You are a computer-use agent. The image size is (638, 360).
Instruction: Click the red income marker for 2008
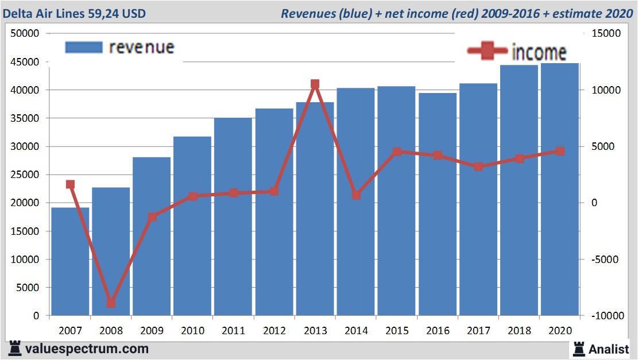point(111,303)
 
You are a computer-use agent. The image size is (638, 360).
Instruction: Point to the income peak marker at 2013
point(315,84)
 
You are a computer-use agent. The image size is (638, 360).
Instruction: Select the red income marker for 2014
point(356,195)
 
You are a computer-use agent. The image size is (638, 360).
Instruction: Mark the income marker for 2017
point(478,167)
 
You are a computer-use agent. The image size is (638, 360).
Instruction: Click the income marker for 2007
point(70,184)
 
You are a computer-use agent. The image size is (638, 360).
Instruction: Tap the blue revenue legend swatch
point(84,47)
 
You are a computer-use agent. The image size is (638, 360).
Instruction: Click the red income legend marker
point(487,52)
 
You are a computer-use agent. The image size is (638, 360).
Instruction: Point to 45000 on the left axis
point(25,62)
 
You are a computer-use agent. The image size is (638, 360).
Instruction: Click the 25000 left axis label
point(25,175)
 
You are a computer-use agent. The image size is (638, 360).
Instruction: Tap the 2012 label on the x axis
point(274,331)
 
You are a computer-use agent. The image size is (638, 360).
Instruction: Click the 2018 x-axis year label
point(519,331)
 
